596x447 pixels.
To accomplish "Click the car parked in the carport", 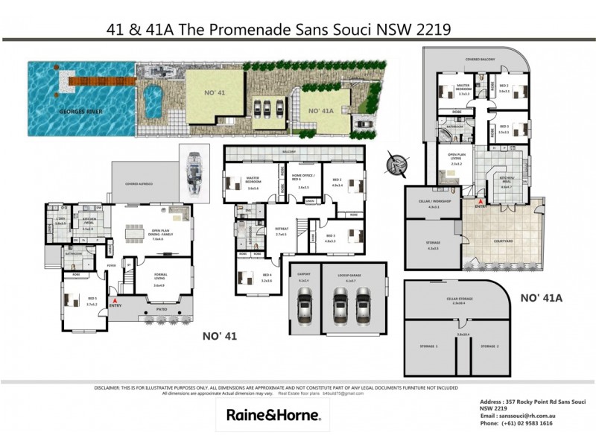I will click(x=305, y=306).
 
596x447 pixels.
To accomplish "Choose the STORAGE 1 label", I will click(x=431, y=347).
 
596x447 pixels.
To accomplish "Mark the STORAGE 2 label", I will click(x=489, y=347).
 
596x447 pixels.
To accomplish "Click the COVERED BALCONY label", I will click(x=477, y=57).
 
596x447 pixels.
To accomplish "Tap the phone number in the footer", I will click(x=527, y=422).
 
